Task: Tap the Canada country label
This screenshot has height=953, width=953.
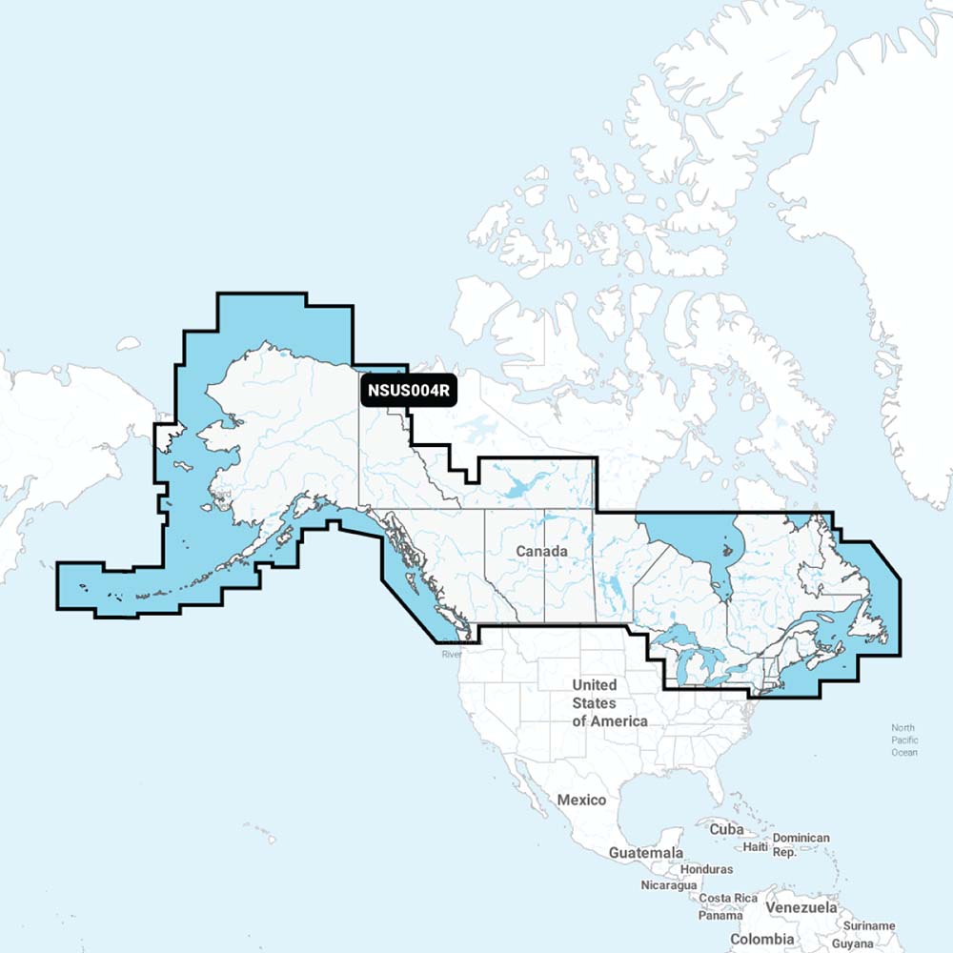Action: (542, 552)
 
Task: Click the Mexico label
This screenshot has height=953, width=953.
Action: (581, 800)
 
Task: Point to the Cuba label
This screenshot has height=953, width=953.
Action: (726, 829)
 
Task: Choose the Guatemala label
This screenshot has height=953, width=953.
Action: (646, 852)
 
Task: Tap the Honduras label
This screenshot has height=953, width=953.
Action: (706, 869)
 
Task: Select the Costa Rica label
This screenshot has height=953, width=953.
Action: (728, 899)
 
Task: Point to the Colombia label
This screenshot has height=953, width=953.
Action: (761, 940)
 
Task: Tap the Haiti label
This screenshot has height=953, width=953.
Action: (756, 846)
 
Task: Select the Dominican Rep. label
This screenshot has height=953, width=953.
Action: (801, 845)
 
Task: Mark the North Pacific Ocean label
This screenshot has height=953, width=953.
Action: (904, 740)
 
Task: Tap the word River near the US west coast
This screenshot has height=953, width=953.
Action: (451, 655)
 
